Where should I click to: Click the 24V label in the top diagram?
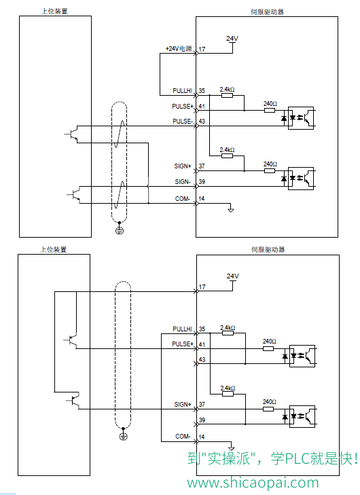click(x=232, y=39)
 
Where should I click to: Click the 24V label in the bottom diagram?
click(x=233, y=276)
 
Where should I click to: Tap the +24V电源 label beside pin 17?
click(x=179, y=49)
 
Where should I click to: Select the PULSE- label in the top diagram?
click(x=183, y=122)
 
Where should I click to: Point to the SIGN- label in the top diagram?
click(x=183, y=181)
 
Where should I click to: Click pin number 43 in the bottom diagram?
click(x=202, y=359)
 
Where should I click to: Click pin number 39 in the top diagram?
click(x=202, y=181)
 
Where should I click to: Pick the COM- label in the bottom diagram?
click(x=183, y=437)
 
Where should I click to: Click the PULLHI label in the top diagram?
click(x=182, y=90)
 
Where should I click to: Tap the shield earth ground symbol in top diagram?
click(x=119, y=230)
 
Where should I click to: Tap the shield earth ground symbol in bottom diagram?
click(x=123, y=437)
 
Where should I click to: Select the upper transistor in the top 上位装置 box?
click(x=72, y=134)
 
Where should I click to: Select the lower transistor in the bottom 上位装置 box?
click(x=73, y=401)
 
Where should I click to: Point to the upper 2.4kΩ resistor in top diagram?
click(x=227, y=95)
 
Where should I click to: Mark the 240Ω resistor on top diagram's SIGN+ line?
click(x=270, y=171)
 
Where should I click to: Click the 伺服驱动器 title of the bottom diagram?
click(x=268, y=249)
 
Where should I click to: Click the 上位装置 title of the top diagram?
click(x=54, y=12)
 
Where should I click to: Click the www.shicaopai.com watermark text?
click(x=253, y=483)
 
